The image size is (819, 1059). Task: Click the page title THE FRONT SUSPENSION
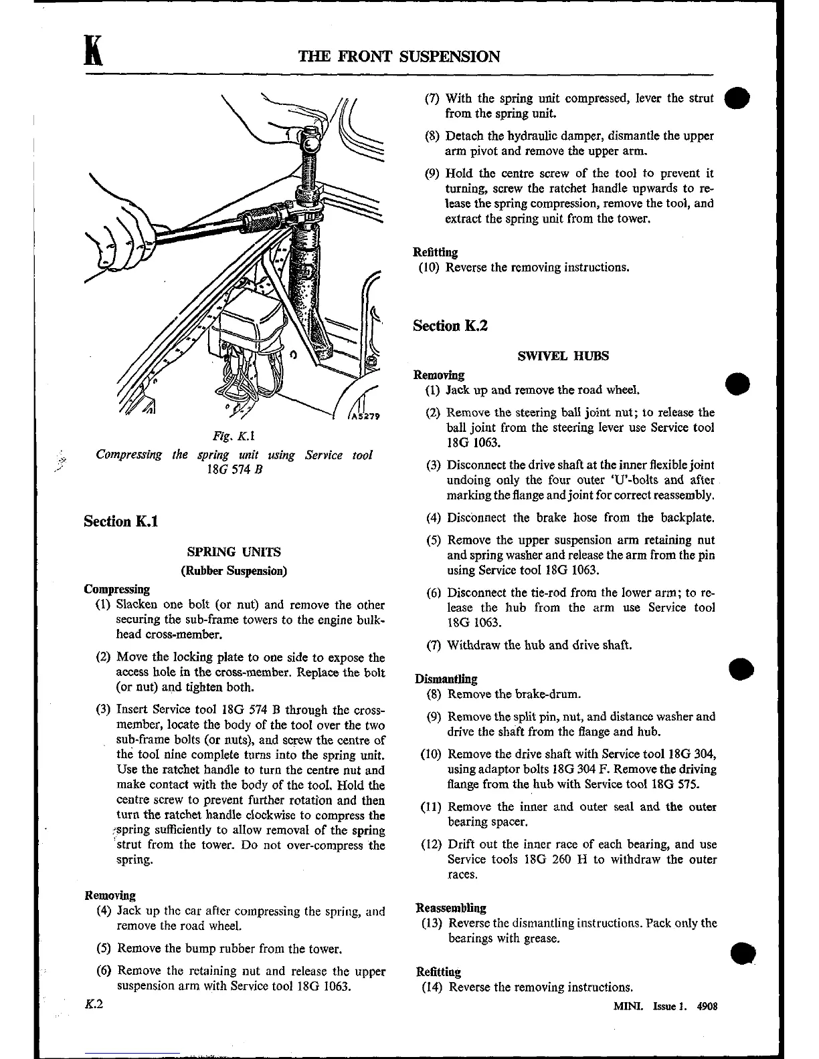tap(399, 56)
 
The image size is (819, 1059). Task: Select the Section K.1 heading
tap(121, 521)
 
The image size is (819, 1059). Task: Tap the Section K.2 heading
tap(450, 326)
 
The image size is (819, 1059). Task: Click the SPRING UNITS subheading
tap(234, 552)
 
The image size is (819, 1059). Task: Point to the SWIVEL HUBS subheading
tap(563, 356)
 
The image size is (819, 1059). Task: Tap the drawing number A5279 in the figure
tap(365, 417)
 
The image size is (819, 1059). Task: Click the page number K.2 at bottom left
tap(93, 1005)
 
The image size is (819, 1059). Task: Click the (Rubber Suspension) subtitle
tap(234, 571)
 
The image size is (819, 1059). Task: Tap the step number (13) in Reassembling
tap(432, 923)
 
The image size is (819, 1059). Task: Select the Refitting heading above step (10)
tap(436, 252)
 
